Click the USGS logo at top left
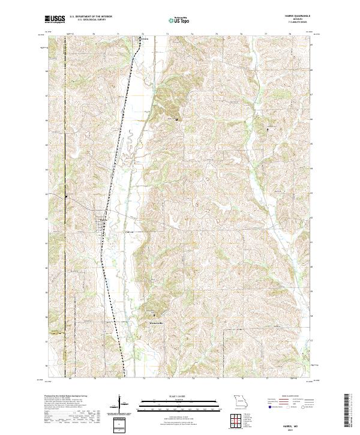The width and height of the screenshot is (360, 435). tap(55, 20)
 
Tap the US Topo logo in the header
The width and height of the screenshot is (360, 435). tap(178, 20)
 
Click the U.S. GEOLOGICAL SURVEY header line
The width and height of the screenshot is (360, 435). tap(88, 20)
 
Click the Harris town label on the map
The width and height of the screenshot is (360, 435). tap(103, 219)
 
